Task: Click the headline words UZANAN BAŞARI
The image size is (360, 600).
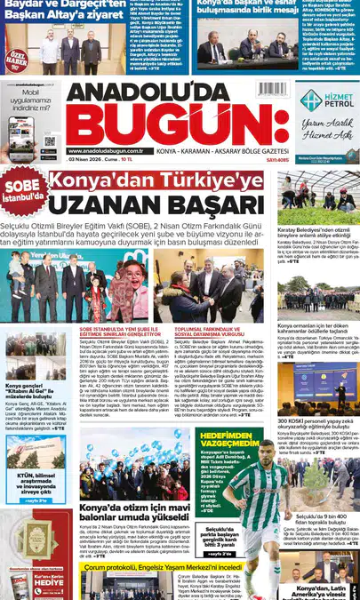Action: pos(157,204)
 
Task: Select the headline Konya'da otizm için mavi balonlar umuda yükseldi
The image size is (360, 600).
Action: pos(132,513)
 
